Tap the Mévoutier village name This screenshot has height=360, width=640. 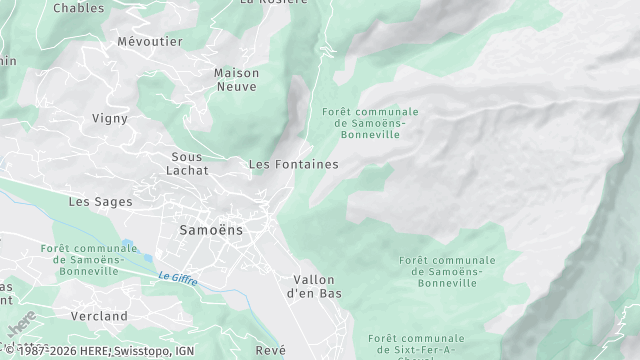click(x=149, y=42)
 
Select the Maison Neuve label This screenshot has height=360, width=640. click(x=236, y=80)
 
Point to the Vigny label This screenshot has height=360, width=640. click(x=110, y=118)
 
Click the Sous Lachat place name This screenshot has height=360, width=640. click(x=188, y=164)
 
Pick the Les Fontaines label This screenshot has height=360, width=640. click(x=293, y=164)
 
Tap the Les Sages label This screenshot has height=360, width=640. click(x=100, y=202)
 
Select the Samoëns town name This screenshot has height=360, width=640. click(x=211, y=230)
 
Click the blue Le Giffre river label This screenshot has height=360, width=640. click(x=177, y=279)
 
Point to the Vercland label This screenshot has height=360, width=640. click(x=99, y=316)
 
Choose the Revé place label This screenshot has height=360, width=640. click(x=270, y=350)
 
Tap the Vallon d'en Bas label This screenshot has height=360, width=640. click(x=314, y=287)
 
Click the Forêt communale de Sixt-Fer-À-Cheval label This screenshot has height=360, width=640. click(x=413, y=345)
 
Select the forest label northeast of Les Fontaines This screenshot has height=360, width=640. click(x=370, y=123)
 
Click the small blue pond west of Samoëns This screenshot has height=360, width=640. click(x=128, y=244)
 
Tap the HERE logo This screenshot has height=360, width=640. click(x=21, y=327)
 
